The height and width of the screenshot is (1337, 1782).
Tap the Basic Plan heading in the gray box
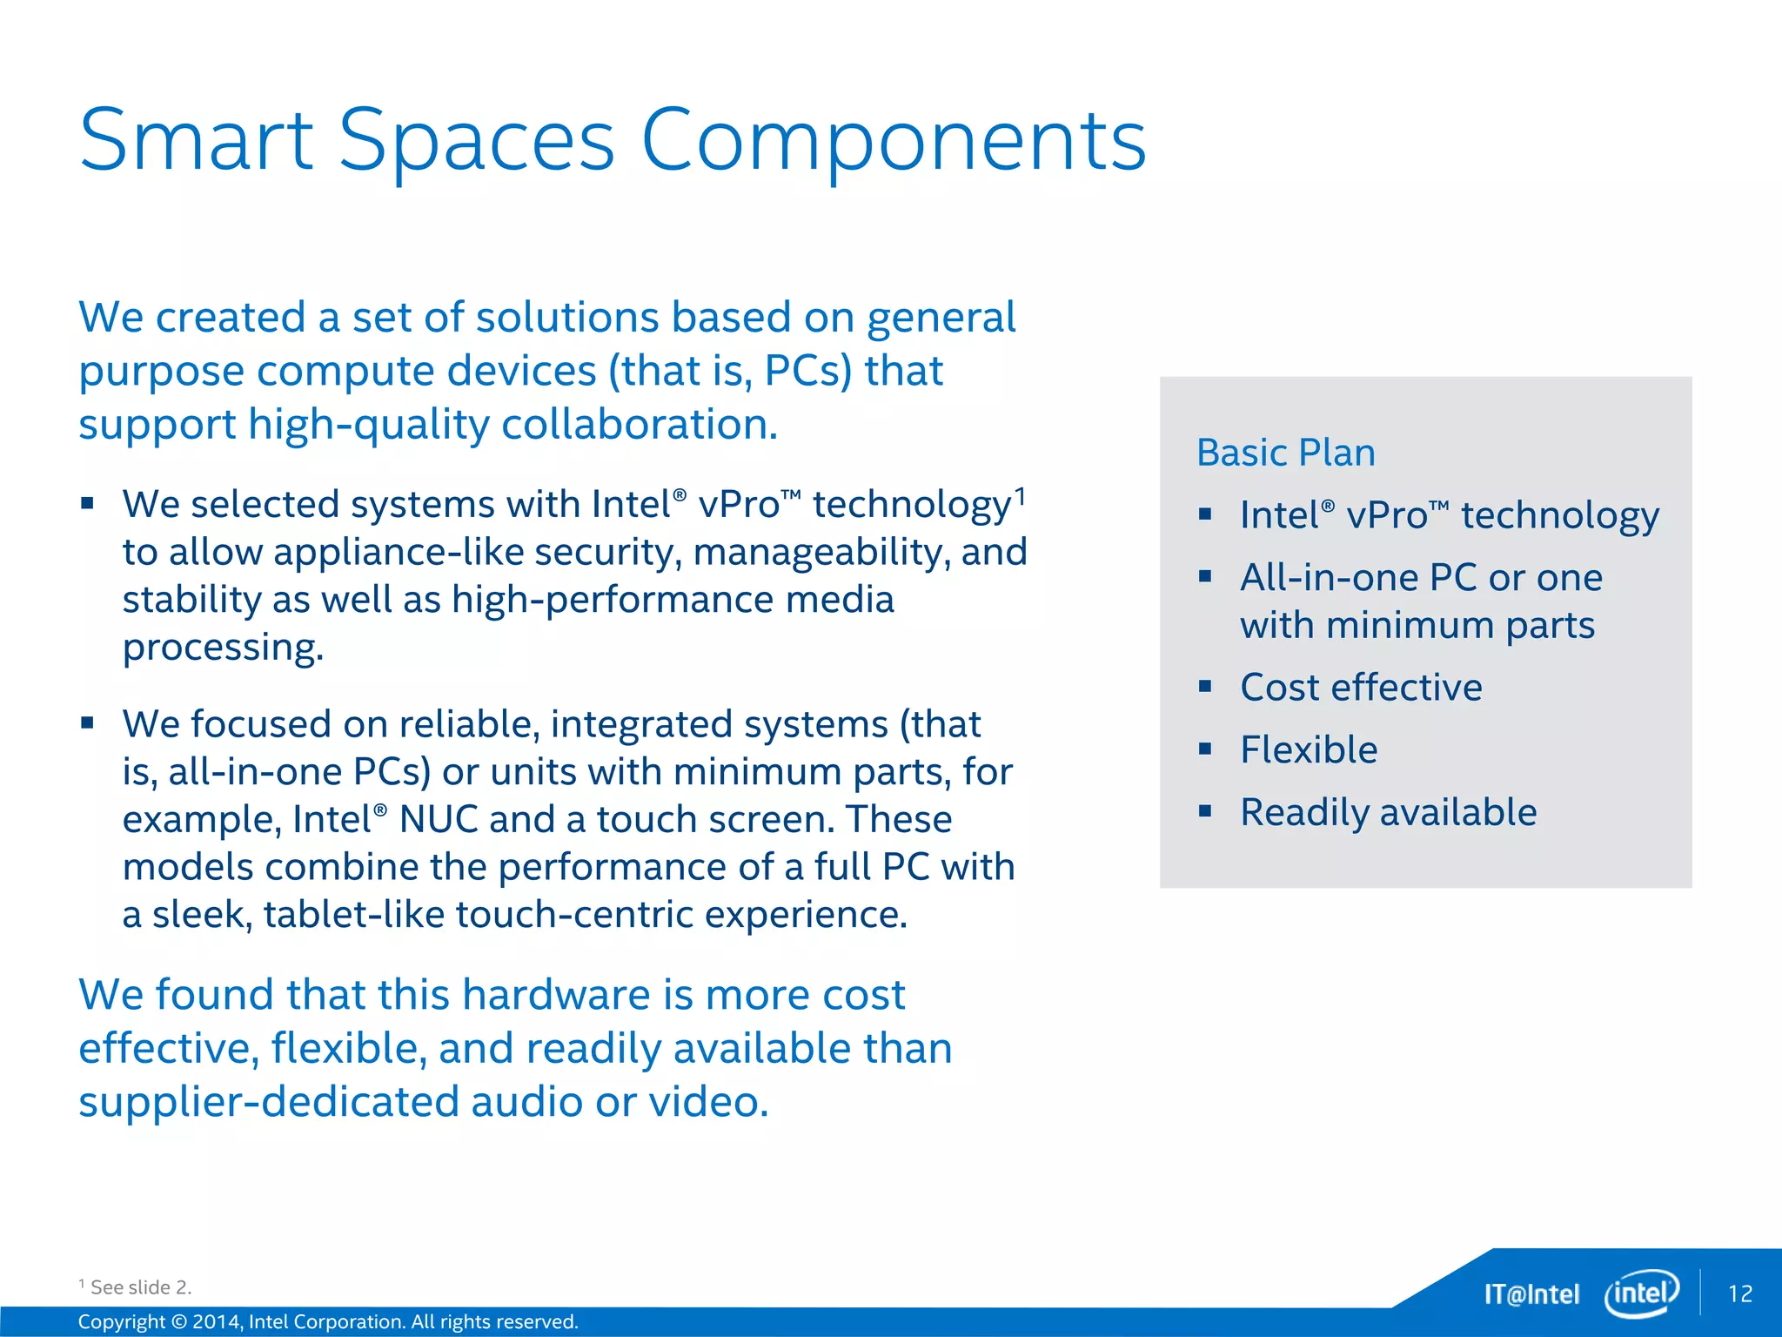pyautogui.click(x=1285, y=453)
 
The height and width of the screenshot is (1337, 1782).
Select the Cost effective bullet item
pyautogui.click(x=1360, y=688)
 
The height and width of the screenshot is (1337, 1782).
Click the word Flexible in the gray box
pyautogui.click(x=1308, y=750)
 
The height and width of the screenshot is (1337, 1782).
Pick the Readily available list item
pyautogui.click(x=1388, y=813)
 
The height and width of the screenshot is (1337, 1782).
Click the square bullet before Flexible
pyautogui.click(x=1205, y=749)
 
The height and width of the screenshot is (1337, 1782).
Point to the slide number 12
pyautogui.click(x=1739, y=1293)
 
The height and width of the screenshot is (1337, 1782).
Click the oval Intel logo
pyautogui.click(x=1641, y=1293)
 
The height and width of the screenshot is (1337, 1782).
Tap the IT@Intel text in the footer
pyautogui.click(x=1531, y=1294)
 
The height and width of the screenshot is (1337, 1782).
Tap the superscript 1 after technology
pyautogui.click(x=1020, y=496)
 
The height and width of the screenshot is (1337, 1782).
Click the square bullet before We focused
pyautogui.click(x=87, y=722)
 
